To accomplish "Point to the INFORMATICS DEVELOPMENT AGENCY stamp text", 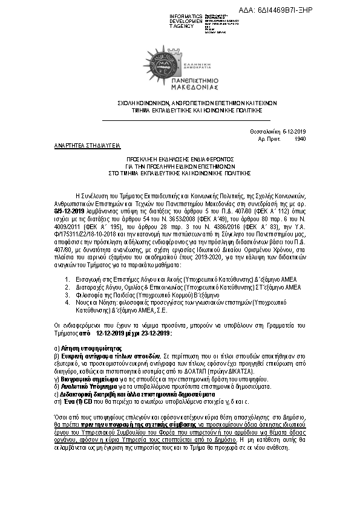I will tap(187, 21).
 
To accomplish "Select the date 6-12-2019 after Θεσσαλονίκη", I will tap(294, 132).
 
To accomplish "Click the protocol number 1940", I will tap(300, 138).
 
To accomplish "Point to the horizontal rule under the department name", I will tap(179, 121).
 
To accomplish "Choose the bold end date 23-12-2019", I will tap(154, 333).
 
